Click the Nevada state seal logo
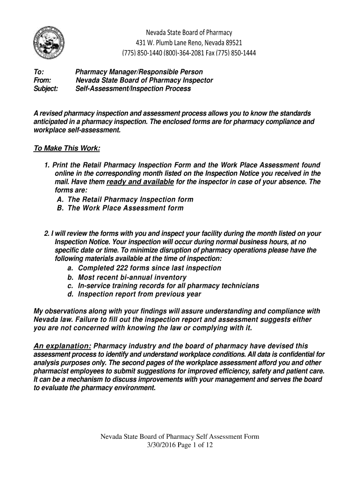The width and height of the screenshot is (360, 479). [49, 43]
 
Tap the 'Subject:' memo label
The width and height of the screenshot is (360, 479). [46, 89]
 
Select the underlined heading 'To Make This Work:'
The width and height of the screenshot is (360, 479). [67, 149]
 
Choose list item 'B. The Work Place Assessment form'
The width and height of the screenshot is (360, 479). [120, 208]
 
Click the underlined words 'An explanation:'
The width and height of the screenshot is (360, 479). [63, 346]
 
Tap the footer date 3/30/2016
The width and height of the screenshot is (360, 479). [162, 445]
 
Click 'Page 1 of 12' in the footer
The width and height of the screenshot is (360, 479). [196, 445]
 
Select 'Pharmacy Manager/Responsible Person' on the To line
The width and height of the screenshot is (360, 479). [139, 72]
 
